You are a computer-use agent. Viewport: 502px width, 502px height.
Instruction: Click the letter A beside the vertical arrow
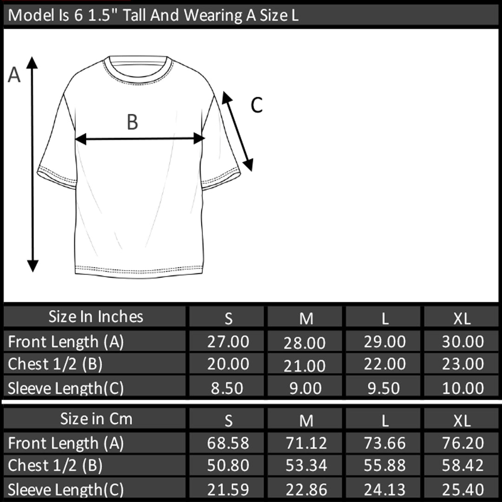pos(14,75)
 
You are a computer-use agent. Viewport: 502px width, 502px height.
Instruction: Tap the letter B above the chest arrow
pos(132,122)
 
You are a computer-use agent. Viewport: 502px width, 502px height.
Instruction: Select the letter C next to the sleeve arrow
pos(257,105)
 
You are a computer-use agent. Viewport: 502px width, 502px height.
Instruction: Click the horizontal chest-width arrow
pos(140,139)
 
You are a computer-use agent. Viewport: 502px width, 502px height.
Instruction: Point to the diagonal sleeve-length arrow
pos(238,131)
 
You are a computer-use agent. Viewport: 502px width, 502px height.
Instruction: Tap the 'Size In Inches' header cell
pos(95,317)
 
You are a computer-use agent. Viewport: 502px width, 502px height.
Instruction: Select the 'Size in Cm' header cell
pos(95,418)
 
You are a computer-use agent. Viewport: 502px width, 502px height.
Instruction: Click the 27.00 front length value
pos(228,342)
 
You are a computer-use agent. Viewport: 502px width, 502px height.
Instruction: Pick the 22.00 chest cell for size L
pos(384,363)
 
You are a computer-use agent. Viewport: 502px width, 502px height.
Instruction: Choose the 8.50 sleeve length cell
pos(227,388)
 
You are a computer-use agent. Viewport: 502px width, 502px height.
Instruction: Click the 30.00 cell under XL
pos(463,342)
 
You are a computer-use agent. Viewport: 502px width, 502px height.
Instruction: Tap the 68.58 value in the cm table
pos(228,443)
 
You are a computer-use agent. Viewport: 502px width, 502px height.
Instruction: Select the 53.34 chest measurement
pos(306,465)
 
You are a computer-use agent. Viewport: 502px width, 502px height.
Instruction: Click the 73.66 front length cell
pos(384,443)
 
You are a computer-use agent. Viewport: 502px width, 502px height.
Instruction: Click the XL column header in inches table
pos(462,318)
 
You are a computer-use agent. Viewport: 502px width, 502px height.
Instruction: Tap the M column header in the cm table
pos(306,420)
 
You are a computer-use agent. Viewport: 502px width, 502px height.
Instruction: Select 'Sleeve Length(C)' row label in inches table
pos(66,388)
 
